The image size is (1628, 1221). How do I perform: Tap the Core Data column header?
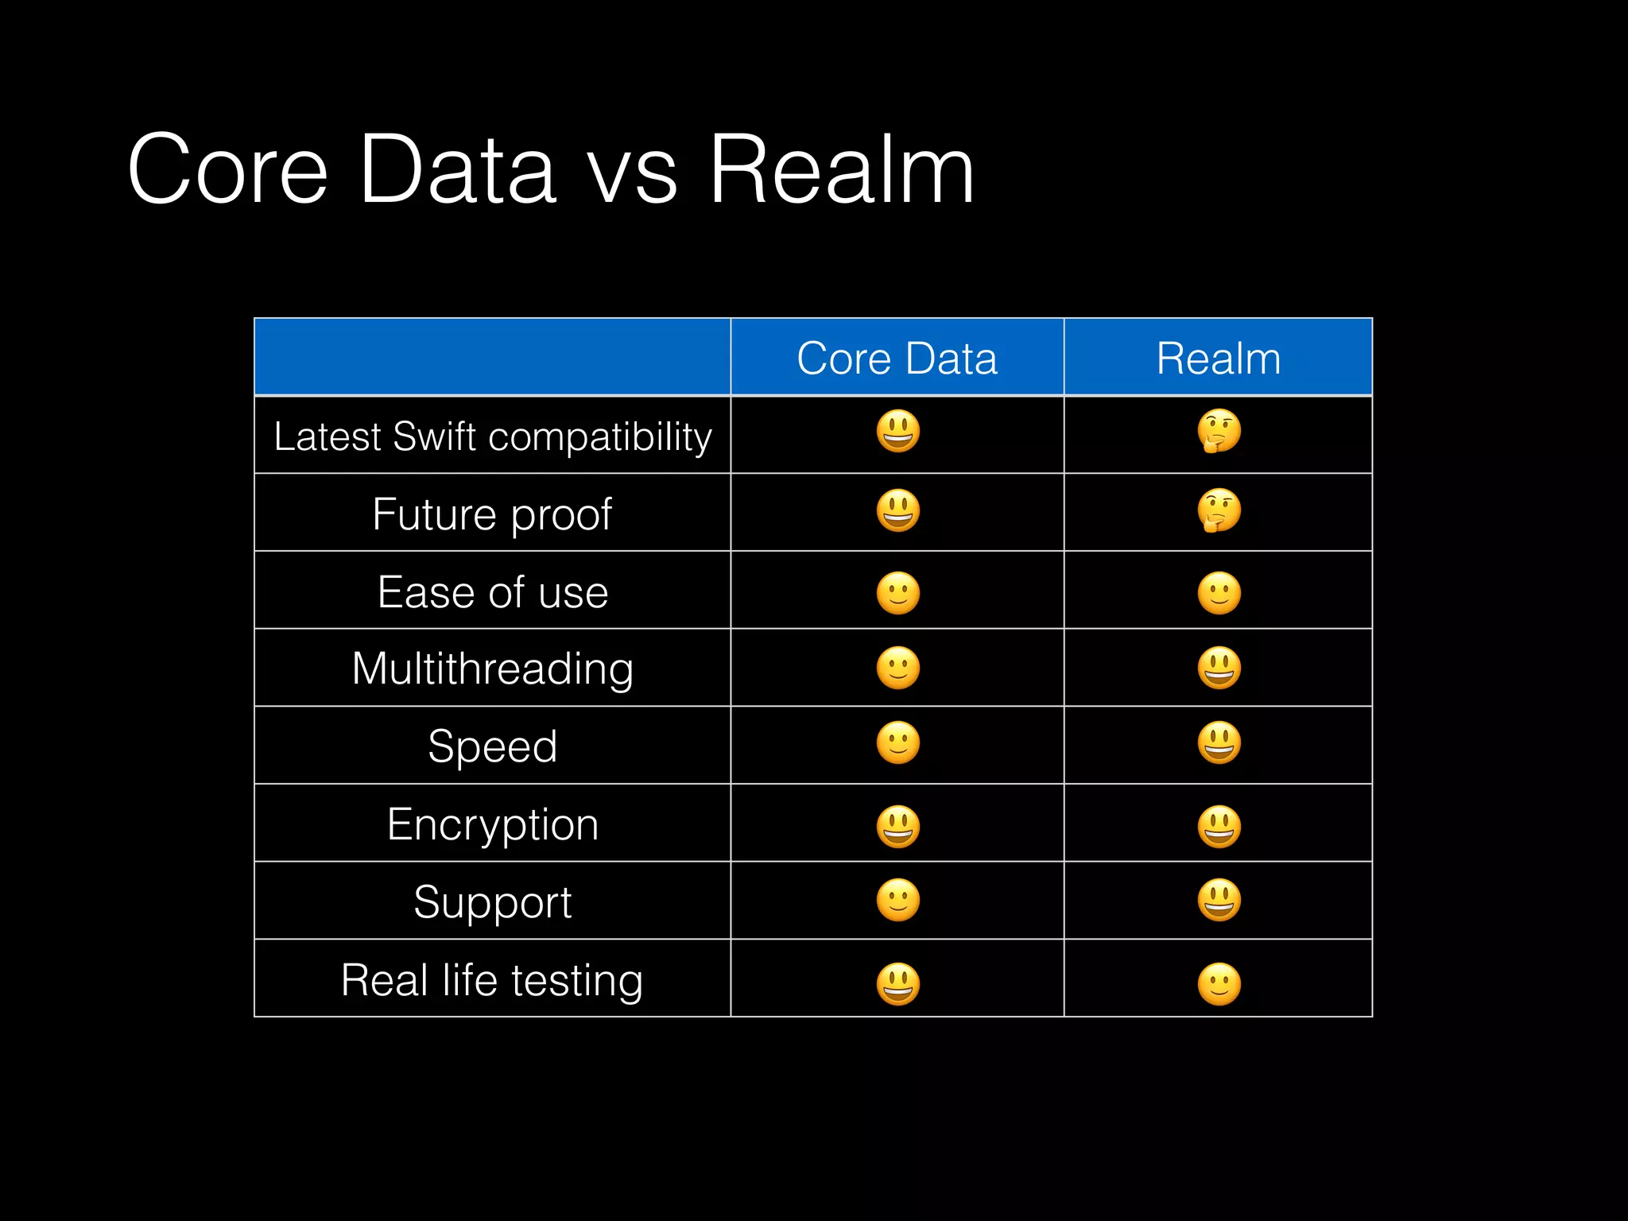pos(897,359)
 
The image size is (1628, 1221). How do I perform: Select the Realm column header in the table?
pos(1218,359)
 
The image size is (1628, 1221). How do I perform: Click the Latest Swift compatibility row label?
pos(492,436)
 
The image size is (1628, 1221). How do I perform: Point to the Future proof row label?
pos(492,514)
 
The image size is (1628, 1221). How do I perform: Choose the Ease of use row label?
pos(493,592)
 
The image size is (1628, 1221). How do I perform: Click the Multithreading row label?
pos(493,669)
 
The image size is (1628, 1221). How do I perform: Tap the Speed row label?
pos(493,746)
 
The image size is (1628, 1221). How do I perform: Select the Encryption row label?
pos(493,824)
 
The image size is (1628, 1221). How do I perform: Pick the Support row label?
pos(493,902)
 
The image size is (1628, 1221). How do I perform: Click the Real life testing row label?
pos(492,980)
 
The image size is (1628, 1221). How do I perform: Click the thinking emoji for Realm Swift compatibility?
pos(1219,432)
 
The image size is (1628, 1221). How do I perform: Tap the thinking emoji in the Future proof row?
pos(1219,510)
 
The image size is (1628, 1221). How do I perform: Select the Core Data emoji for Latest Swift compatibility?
pos(898,432)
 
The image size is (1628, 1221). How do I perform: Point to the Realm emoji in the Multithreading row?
pos(1219,668)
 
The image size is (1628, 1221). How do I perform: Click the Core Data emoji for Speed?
pos(898,743)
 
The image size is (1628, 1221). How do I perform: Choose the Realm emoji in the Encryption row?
pos(1219,827)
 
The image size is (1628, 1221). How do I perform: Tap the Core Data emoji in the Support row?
pos(898,901)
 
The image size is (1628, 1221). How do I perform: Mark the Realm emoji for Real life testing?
pos(1219,984)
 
